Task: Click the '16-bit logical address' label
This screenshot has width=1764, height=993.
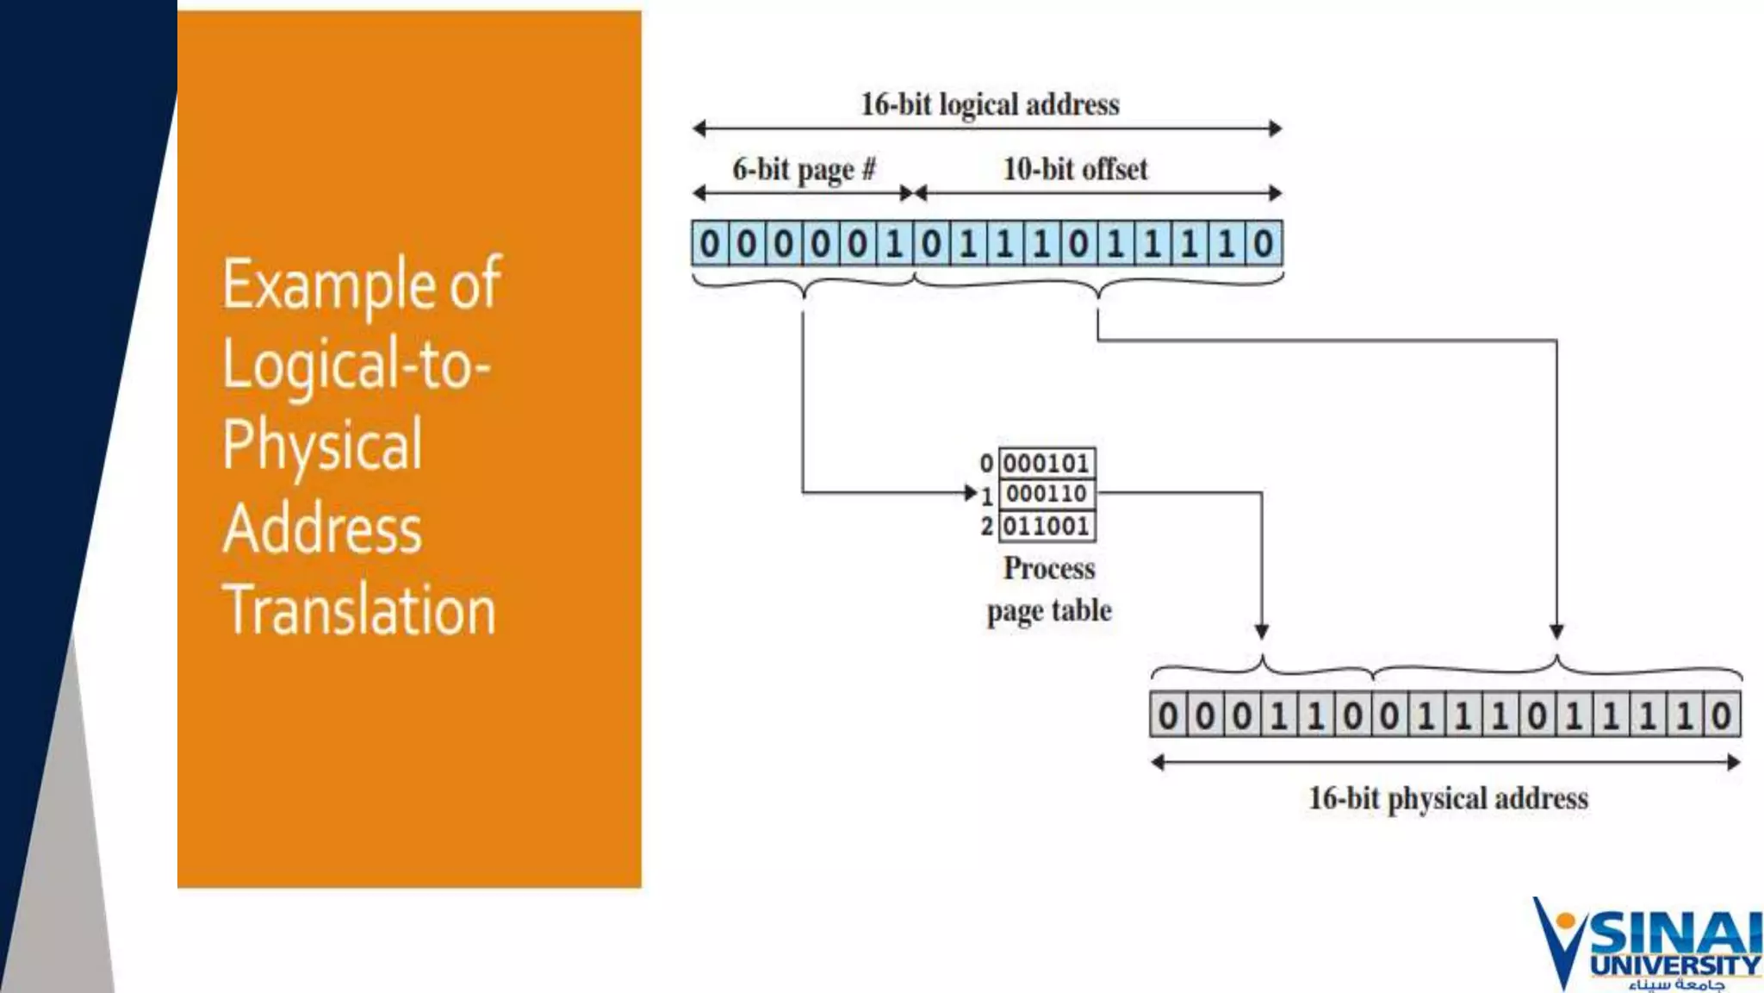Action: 990,104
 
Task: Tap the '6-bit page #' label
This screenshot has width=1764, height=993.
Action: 804,169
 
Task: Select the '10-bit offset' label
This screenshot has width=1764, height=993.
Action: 1075,169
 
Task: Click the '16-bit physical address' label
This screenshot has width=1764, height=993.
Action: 1448,798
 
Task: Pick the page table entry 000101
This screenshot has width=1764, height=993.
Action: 1047,464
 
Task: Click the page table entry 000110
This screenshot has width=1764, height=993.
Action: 1047,494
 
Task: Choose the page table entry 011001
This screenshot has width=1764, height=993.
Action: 1047,526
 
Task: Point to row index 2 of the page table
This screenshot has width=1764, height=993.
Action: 986,526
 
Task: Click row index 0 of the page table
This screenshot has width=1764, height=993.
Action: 986,464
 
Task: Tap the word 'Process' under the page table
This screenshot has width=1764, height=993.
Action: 1049,568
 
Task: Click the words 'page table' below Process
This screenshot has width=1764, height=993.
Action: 1049,611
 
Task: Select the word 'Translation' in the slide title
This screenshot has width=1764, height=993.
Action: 359,609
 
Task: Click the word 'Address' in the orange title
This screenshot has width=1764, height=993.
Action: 323,528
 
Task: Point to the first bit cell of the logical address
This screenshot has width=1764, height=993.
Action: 710,244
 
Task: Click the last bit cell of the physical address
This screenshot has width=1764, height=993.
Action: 1721,715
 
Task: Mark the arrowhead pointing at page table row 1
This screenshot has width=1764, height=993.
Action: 971,493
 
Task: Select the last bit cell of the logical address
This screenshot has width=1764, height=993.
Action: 1263,244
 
